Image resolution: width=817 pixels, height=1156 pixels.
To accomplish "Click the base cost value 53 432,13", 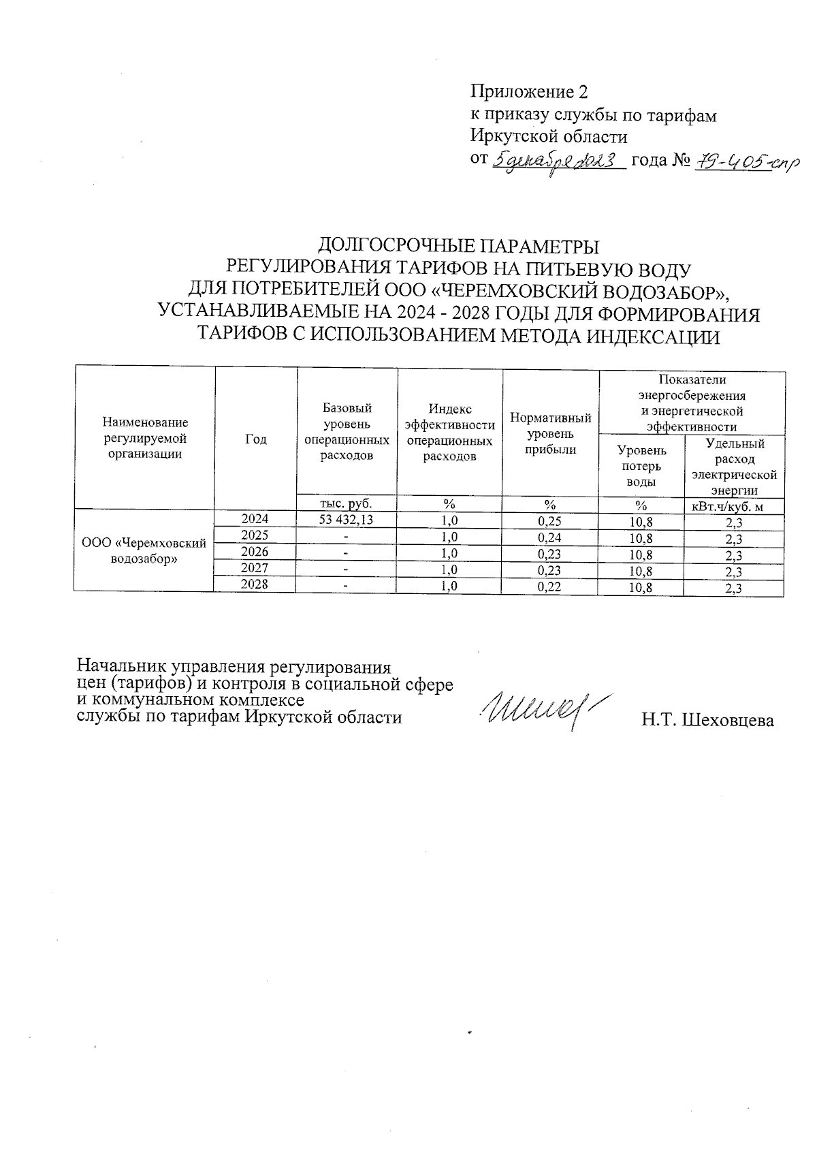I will pyautogui.click(x=347, y=520).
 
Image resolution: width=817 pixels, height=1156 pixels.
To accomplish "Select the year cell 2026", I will pyautogui.click(x=255, y=552).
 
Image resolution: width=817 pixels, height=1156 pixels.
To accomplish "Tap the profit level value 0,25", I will pyautogui.click(x=549, y=521).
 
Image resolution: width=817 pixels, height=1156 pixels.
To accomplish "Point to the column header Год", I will pyautogui.click(x=255, y=439).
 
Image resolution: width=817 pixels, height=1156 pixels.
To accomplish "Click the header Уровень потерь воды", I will pyautogui.click(x=641, y=466).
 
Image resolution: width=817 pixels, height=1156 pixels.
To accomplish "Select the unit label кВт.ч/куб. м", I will pyautogui.click(x=733, y=505).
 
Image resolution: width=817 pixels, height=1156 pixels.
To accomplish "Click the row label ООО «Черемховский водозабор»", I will pyautogui.click(x=144, y=551).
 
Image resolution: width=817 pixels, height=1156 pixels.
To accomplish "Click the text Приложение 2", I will pyautogui.click(x=528, y=92).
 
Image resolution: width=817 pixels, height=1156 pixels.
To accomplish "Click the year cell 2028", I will pyautogui.click(x=255, y=584).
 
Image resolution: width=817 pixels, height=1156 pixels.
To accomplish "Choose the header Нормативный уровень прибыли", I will pyautogui.click(x=550, y=433).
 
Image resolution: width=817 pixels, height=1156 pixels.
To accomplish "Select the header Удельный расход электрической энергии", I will pyautogui.click(x=733, y=467).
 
